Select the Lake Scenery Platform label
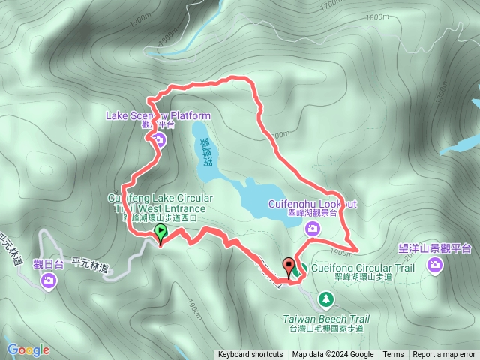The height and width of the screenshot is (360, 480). (158, 115)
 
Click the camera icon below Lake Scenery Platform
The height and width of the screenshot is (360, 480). (159, 139)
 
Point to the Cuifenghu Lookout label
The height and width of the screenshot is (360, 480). (312, 203)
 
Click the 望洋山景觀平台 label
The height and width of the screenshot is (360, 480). (435, 247)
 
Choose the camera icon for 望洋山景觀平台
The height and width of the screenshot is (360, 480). (435, 265)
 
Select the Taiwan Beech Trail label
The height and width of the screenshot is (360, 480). (326, 319)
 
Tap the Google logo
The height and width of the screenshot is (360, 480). (28, 349)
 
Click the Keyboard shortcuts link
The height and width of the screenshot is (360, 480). (250, 355)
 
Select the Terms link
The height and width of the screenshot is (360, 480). (393, 355)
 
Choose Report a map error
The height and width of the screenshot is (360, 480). (443, 355)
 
